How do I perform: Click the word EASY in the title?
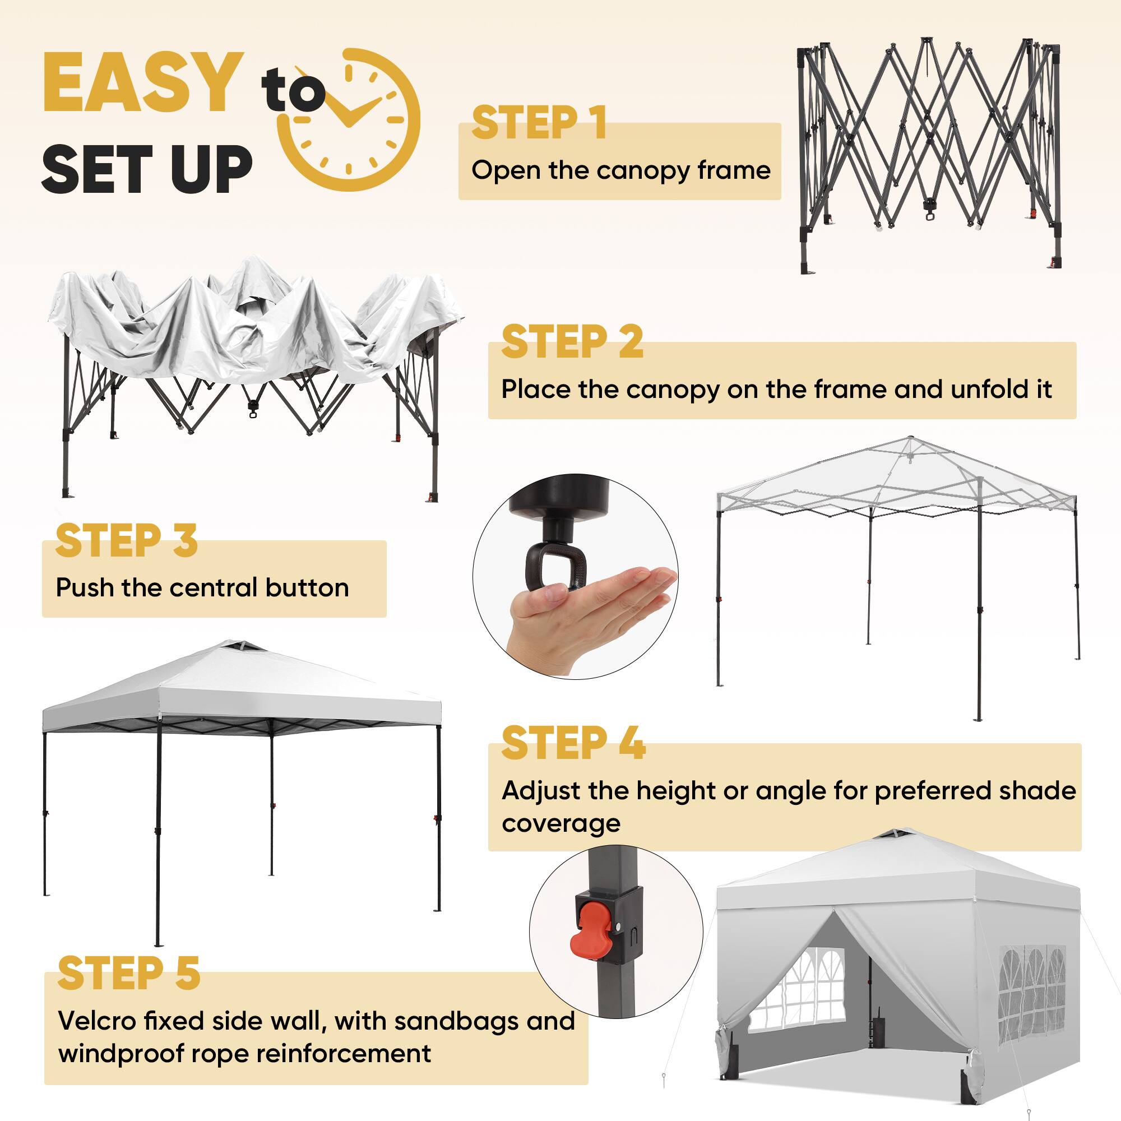143,82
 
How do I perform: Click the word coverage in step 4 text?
561,823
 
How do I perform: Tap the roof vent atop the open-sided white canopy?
240,646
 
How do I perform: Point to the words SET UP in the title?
147,169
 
